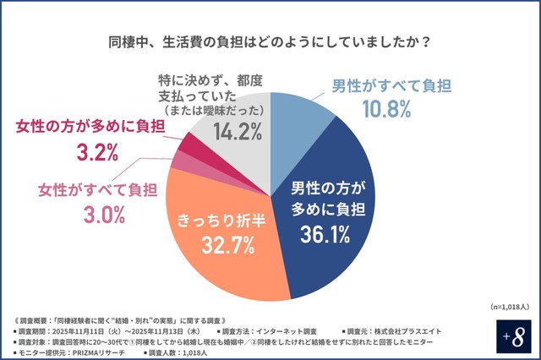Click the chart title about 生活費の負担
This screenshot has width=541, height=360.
[x=270, y=41]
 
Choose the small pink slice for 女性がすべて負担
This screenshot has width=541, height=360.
[x=179, y=162]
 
